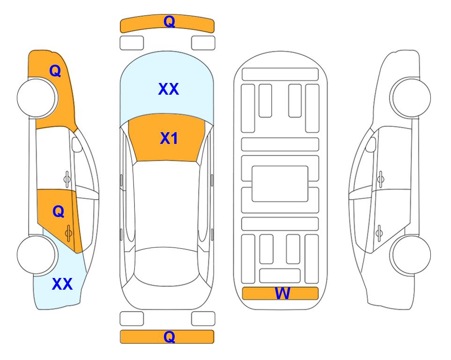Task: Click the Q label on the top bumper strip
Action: click(169, 22)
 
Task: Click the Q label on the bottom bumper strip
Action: click(169, 337)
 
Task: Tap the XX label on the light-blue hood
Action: click(169, 89)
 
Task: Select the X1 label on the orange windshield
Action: click(169, 138)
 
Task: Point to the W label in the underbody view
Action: click(282, 293)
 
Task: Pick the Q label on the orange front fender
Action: click(55, 71)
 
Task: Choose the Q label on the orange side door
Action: click(59, 212)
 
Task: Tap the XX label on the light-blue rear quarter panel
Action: click(62, 284)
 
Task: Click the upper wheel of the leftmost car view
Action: click(37, 98)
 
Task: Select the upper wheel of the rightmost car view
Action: click(410, 97)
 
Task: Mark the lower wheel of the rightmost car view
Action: click(410, 255)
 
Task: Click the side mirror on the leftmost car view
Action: click(76, 144)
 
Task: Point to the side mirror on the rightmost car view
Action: click(371, 144)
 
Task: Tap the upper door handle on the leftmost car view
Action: click(67, 180)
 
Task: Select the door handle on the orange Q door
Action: click(68, 232)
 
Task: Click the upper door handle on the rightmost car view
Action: click(380, 179)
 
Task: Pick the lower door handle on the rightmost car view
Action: click(379, 233)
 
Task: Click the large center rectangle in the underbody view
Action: click(280, 184)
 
